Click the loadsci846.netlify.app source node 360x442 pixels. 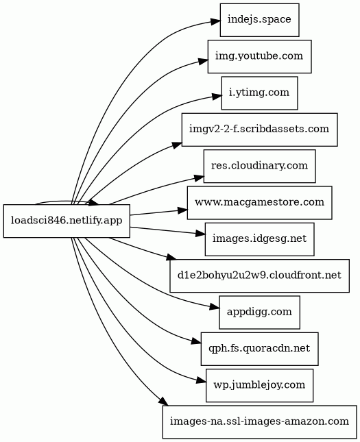coord(67,221)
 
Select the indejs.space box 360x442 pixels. coord(259,20)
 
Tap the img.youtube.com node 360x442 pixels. coord(260,56)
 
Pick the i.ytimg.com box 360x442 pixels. coord(259,93)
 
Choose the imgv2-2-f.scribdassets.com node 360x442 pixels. coord(259,130)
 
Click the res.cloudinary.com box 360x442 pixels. coord(259,166)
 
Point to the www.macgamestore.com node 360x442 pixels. coord(259,203)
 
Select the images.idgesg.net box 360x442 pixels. coord(259,239)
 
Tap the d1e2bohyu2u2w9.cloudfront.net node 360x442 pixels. coord(259,275)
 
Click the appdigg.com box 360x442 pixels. coord(259,312)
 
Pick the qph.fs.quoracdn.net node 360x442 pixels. coord(259,349)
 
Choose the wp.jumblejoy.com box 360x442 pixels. coord(259,385)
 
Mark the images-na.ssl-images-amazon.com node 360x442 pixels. coord(259,422)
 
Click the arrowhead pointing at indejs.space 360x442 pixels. coord(215,21)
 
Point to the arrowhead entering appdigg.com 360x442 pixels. coord(215,307)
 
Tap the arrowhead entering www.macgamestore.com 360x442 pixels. coord(182,210)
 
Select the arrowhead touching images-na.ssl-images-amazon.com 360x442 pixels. coord(164,402)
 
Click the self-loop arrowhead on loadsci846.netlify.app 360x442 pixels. coord(94,202)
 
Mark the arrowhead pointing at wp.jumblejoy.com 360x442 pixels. coord(201,381)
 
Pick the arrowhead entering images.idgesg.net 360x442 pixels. coord(200,234)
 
